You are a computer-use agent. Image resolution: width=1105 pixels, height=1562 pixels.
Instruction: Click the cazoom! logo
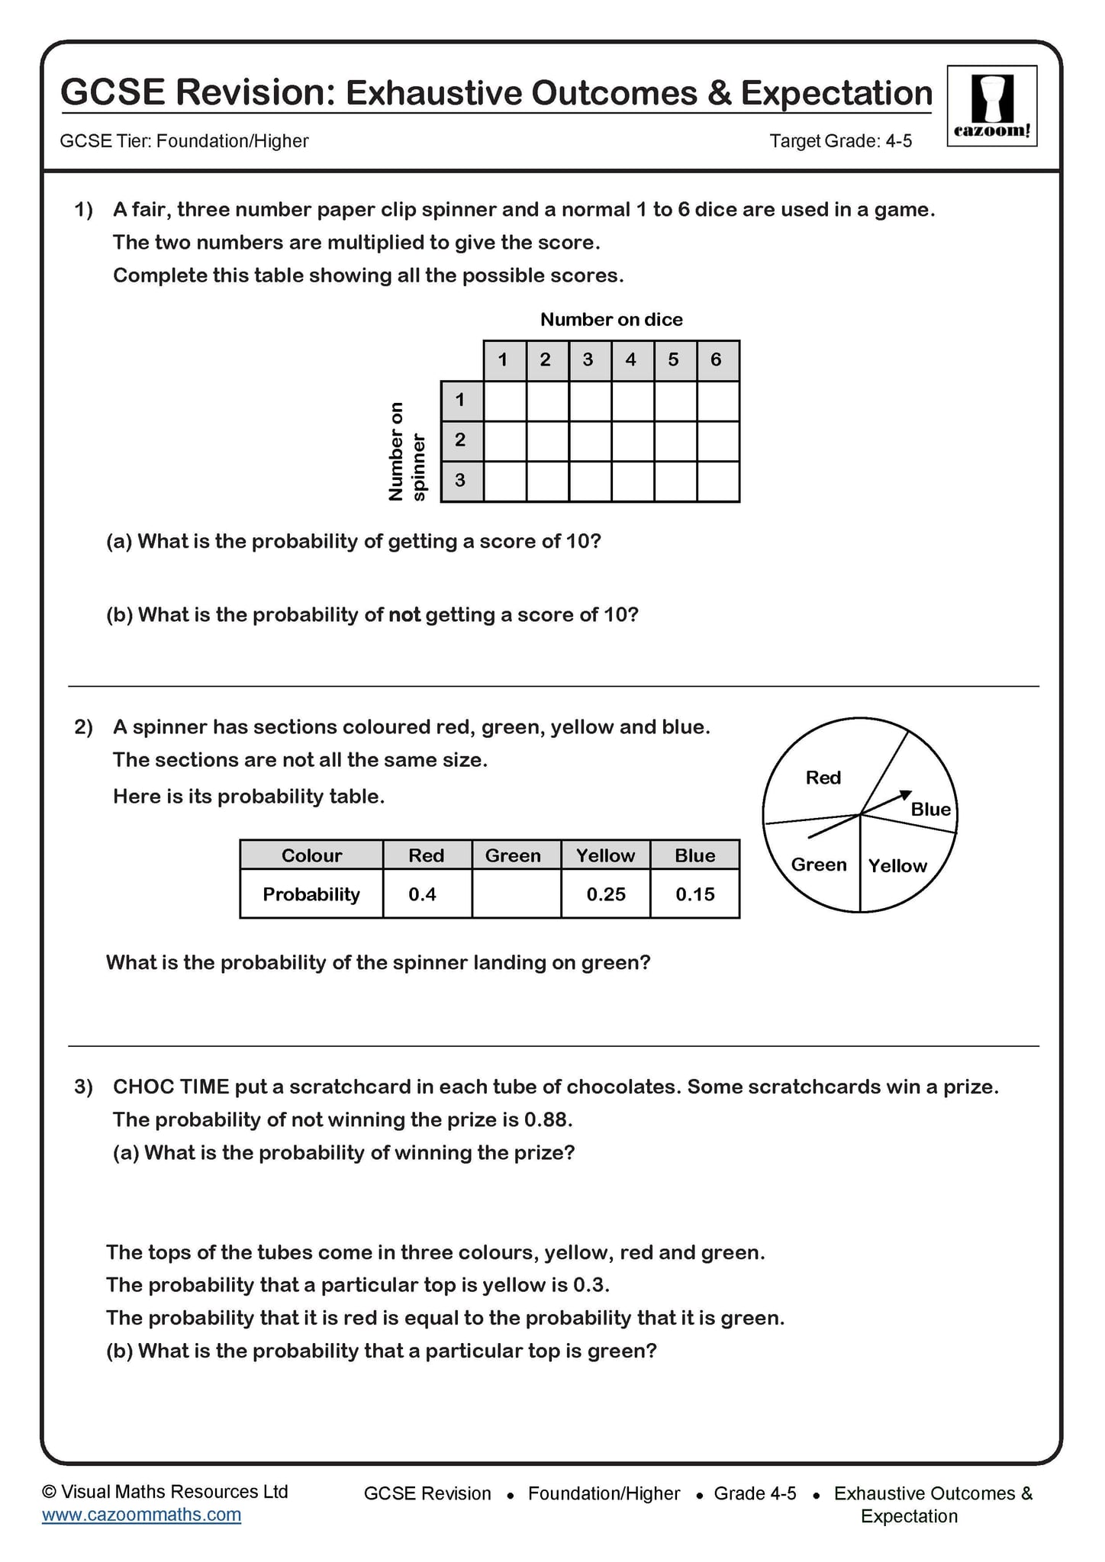tap(991, 106)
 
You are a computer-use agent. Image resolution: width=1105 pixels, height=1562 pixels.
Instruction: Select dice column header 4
tap(631, 360)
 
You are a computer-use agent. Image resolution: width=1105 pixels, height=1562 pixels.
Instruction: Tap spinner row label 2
tap(460, 440)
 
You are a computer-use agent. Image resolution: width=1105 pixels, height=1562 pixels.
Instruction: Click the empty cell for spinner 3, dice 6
tap(717, 481)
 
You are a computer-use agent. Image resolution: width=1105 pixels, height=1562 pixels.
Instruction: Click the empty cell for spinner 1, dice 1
tap(504, 401)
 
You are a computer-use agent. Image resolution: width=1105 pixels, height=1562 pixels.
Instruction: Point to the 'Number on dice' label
tap(611, 320)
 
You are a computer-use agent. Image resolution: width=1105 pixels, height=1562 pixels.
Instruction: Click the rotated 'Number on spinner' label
tap(407, 451)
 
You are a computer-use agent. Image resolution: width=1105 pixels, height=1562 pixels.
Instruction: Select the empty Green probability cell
tap(516, 894)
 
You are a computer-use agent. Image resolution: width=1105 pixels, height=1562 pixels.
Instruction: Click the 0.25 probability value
tap(606, 894)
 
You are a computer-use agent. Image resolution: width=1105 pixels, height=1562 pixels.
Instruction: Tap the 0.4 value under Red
tap(422, 894)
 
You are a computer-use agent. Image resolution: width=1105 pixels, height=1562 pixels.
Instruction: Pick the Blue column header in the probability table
tap(694, 855)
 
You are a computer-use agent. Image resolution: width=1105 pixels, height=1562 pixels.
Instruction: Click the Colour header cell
tap(311, 855)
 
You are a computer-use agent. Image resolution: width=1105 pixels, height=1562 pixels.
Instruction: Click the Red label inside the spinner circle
tap(823, 778)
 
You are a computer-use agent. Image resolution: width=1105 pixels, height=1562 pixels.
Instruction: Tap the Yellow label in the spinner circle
tap(897, 865)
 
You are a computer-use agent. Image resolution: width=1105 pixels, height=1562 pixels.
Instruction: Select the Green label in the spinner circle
tap(819, 865)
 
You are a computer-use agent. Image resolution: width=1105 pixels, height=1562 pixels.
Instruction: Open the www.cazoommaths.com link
tap(141, 1515)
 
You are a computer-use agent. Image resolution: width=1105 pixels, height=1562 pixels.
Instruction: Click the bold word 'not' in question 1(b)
tap(404, 614)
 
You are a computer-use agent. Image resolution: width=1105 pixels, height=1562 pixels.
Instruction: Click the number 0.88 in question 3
tap(546, 1119)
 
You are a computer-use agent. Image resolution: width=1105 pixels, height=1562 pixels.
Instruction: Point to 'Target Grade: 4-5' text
tap(840, 141)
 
